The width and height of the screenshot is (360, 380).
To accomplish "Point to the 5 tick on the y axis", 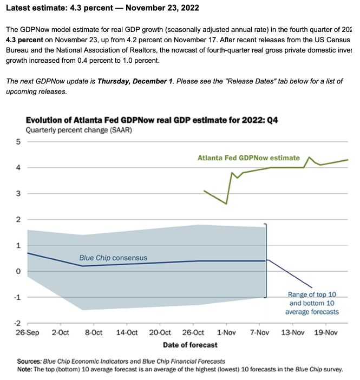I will [17, 142].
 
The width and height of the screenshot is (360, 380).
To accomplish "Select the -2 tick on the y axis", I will [16, 323].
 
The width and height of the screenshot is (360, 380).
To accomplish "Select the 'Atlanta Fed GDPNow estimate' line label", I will [248, 158].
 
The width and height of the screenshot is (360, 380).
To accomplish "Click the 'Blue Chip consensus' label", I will [113, 258].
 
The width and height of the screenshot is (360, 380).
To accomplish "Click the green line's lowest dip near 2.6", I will [226, 204].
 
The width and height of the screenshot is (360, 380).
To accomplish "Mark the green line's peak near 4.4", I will [309, 158].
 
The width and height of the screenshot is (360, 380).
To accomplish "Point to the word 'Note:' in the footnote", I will [25, 369].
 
